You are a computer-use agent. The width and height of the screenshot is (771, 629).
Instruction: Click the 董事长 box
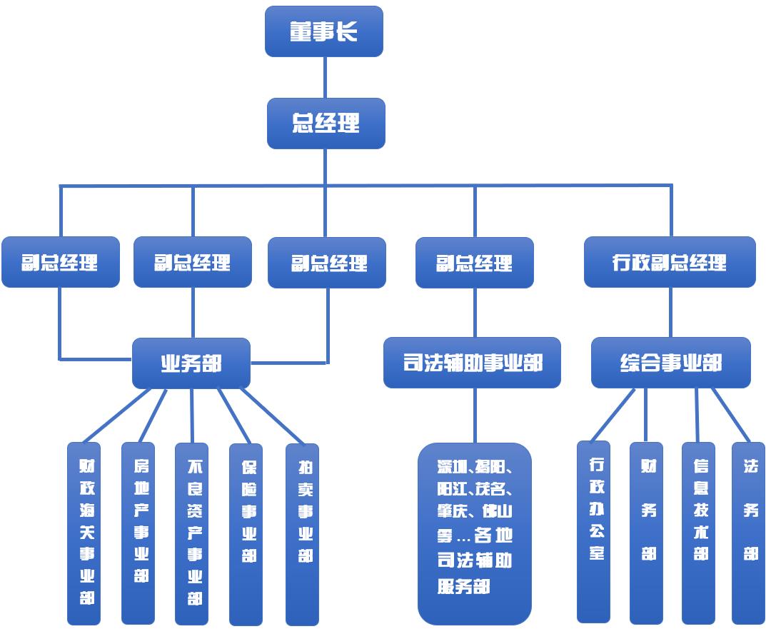(x=324, y=31)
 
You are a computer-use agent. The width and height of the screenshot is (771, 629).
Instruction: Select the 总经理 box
(x=326, y=124)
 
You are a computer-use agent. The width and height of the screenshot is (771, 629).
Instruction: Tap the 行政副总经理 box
(x=670, y=262)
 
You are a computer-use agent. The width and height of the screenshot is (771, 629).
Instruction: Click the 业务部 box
(x=191, y=363)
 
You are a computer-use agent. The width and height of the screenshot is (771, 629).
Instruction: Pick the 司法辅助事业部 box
(x=472, y=363)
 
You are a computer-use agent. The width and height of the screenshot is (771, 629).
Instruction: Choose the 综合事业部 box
(x=671, y=363)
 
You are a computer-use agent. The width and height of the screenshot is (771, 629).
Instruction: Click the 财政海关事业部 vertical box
(x=84, y=533)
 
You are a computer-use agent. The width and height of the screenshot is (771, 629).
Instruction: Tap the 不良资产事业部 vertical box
(x=192, y=533)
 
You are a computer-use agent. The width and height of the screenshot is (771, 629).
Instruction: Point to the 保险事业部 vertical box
(x=246, y=533)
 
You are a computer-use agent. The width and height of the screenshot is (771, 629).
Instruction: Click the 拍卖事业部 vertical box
(x=302, y=533)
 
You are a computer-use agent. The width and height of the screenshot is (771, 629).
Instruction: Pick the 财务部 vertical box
(x=647, y=532)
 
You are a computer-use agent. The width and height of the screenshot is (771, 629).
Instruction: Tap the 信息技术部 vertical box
(x=699, y=532)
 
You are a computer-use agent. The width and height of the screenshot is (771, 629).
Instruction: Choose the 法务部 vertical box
(x=749, y=532)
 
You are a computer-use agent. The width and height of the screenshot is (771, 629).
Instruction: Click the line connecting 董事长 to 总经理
(x=326, y=77)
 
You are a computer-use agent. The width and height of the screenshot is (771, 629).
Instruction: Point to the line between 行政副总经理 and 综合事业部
(x=670, y=313)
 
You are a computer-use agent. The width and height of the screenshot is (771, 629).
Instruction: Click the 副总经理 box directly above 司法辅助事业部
(x=475, y=262)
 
